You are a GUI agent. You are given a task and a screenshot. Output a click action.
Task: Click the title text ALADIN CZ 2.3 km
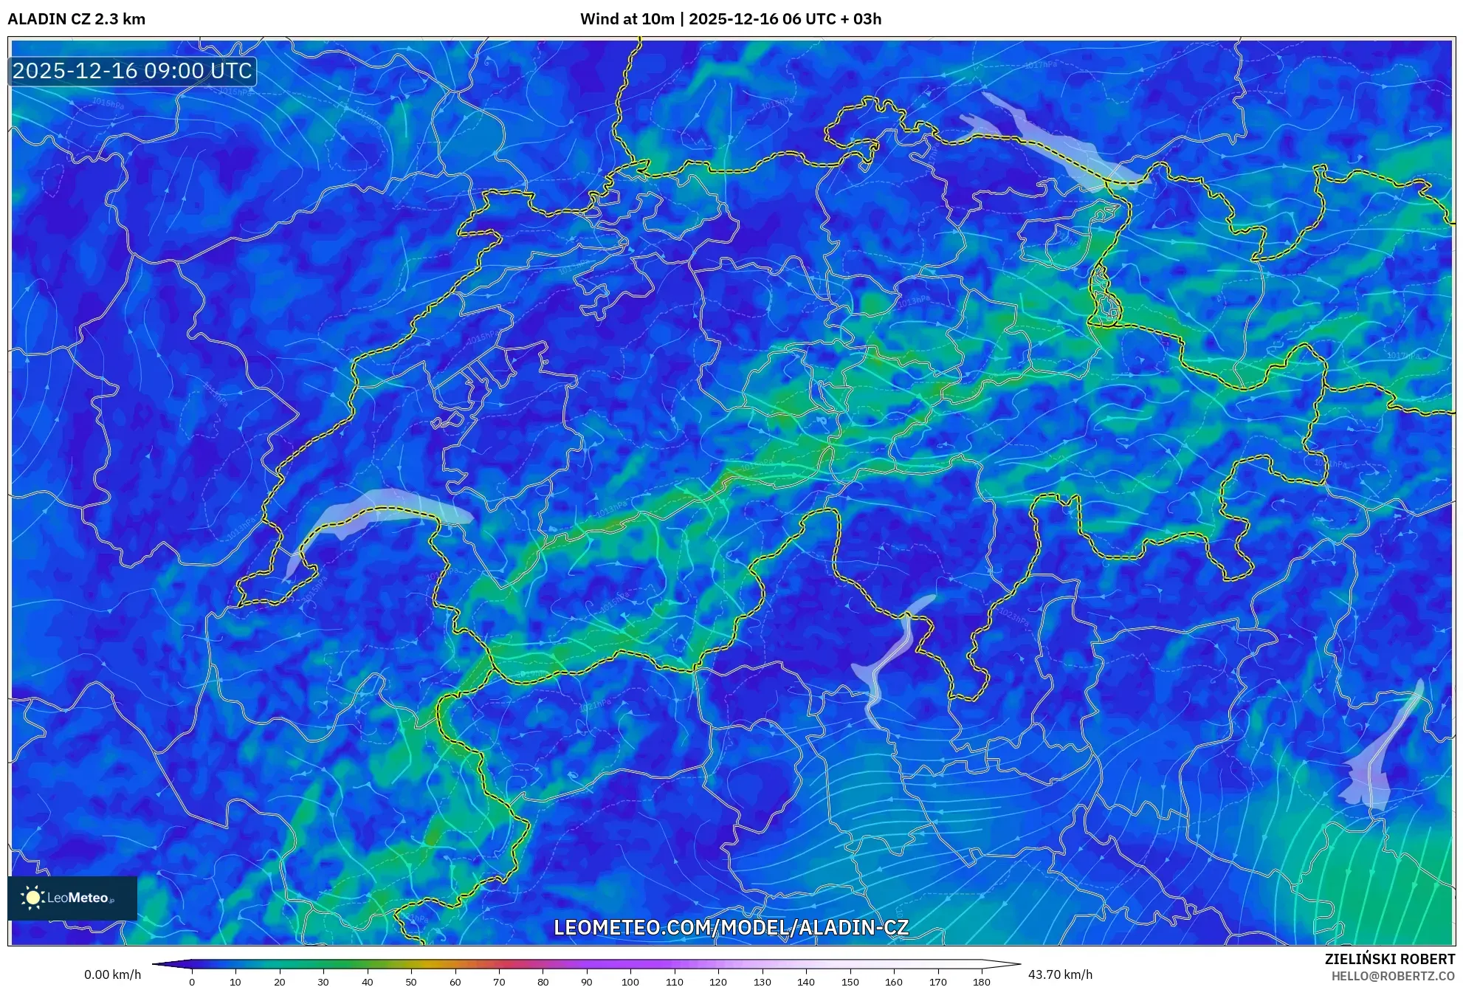pyautogui.click(x=76, y=19)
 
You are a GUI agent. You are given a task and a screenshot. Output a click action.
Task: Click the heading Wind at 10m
pyautogui.click(x=627, y=19)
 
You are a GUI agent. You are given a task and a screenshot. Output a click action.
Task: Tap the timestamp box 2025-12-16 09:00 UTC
pyautogui.click(x=132, y=71)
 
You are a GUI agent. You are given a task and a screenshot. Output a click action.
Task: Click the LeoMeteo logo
pyautogui.click(x=72, y=898)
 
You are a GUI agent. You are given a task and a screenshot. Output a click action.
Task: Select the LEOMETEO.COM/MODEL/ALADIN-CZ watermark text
pyautogui.click(x=731, y=927)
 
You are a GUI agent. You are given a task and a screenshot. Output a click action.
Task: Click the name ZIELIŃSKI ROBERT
pyautogui.click(x=1389, y=959)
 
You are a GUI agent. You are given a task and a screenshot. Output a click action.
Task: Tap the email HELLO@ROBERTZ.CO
pyautogui.click(x=1393, y=976)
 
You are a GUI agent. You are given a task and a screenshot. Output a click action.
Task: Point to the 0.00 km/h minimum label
pyautogui.click(x=112, y=974)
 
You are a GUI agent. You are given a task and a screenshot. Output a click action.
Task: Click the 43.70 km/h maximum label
pyautogui.click(x=1060, y=974)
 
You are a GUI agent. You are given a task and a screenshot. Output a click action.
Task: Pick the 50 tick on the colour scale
pyautogui.click(x=411, y=981)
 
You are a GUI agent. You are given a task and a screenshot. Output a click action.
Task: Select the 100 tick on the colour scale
pyautogui.click(x=630, y=981)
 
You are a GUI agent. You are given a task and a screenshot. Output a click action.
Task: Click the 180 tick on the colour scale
pyautogui.click(x=981, y=981)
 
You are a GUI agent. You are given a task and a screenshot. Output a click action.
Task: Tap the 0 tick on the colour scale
pyautogui.click(x=192, y=981)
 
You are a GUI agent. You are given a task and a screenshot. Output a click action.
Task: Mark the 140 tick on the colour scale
pyautogui.click(x=805, y=981)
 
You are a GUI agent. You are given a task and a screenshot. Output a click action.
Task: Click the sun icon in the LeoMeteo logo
pyautogui.click(x=32, y=898)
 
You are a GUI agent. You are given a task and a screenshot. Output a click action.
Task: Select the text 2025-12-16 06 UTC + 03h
pyautogui.click(x=785, y=19)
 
